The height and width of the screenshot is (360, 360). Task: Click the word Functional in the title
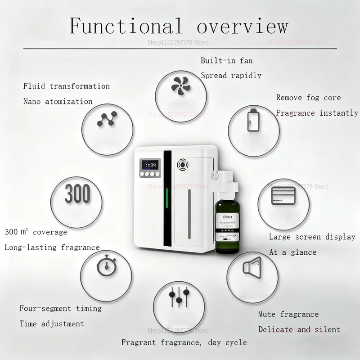tap(126, 26)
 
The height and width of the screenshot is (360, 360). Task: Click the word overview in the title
tap(242, 26)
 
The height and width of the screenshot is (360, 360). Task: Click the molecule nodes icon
tap(107, 120)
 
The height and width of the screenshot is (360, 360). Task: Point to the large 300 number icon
tap(77, 194)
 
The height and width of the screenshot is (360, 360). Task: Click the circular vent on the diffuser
tap(183, 165)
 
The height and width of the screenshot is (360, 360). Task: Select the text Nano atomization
tap(58, 101)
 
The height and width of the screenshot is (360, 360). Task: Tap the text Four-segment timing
tap(60, 308)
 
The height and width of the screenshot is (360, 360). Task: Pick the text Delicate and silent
tap(299, 329)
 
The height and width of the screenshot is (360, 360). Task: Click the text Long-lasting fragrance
tap(52, 247)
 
